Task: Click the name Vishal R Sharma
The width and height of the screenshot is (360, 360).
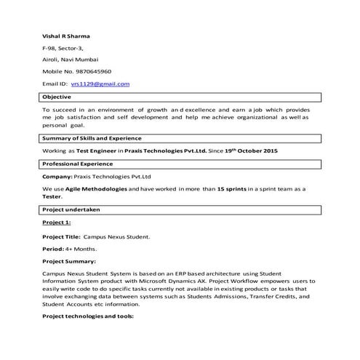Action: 67,36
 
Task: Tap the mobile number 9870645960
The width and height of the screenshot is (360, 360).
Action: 94,71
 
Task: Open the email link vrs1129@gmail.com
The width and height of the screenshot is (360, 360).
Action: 100,84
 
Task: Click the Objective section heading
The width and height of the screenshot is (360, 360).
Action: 57,97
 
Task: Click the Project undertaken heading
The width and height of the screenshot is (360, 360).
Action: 71,209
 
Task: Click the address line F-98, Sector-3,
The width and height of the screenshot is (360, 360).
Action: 63,47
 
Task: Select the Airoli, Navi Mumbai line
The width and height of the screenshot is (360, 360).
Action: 71,60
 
